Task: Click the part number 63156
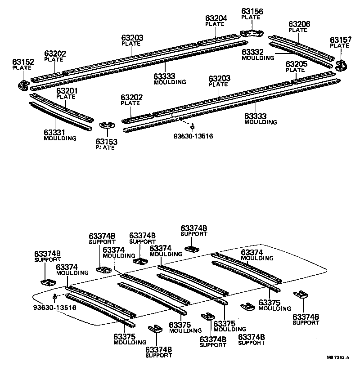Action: click(x=252, y=11)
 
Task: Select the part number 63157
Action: click(x=340, y=40)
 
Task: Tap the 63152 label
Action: click(x=22, y=62)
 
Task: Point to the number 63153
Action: click(x=106, y=142)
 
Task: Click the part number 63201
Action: click(x=67, y=91)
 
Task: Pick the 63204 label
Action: click(x=216, y=18)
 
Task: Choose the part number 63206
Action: click(x=299, y=24)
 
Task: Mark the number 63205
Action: click(x=296, y=64)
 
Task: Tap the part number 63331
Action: click(x=55, y=132)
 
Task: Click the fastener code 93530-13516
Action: click(x=193, y=135)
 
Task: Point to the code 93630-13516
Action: click(x=54, y=308)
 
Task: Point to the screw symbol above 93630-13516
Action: click(x=54, y=297)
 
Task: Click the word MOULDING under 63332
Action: click(x=257, y=58)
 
